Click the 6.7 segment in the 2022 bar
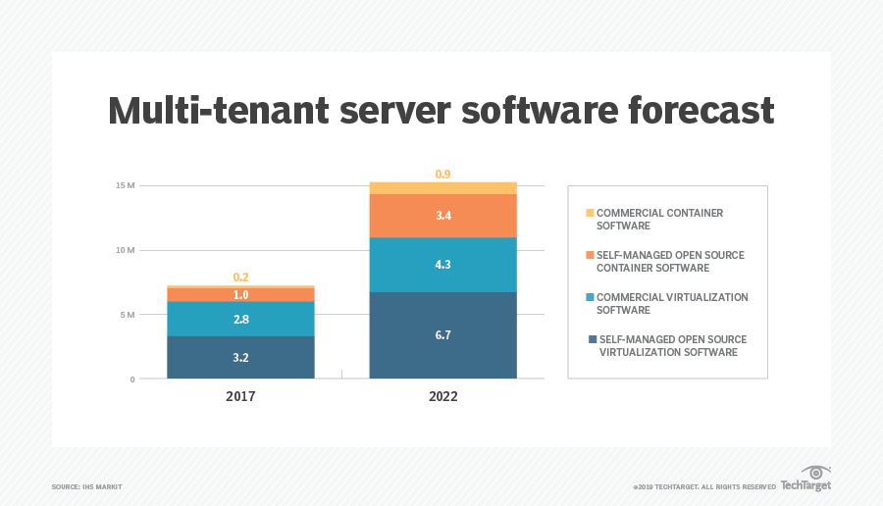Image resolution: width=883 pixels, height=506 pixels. (x=442, y=335)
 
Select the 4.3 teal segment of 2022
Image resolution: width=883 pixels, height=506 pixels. (x=442, y=265)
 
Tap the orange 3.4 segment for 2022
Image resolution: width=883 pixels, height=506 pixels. (x=442, y=216)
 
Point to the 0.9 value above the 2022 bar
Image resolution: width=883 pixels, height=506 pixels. (x=443, y=175)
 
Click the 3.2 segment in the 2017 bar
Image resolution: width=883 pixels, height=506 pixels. (x=240, y=357)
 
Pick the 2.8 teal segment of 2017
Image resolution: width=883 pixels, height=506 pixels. (x=240, y=319)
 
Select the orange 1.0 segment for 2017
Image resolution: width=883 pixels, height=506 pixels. (x=240, y=294)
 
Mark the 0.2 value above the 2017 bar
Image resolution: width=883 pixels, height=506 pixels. (x=240, y=278)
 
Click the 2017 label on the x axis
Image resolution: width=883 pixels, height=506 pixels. (x=240, y=397)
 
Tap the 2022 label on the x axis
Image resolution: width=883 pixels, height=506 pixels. (x=442, y=397)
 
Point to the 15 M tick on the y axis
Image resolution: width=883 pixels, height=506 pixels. (x=124, y=185)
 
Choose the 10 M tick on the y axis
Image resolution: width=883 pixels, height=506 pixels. (x=124, y=250)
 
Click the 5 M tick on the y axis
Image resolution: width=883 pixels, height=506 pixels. (x=127, y=315)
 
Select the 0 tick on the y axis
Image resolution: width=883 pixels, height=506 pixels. (x=131, y=379)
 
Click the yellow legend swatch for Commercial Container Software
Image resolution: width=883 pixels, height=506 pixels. (x=590, y=213)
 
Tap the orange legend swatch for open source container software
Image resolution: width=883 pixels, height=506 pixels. (x=590, y=255)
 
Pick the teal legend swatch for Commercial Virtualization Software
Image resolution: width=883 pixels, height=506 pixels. (x=590, y=297)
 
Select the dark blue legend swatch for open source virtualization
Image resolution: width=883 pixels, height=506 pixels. (x=592, y=339)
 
